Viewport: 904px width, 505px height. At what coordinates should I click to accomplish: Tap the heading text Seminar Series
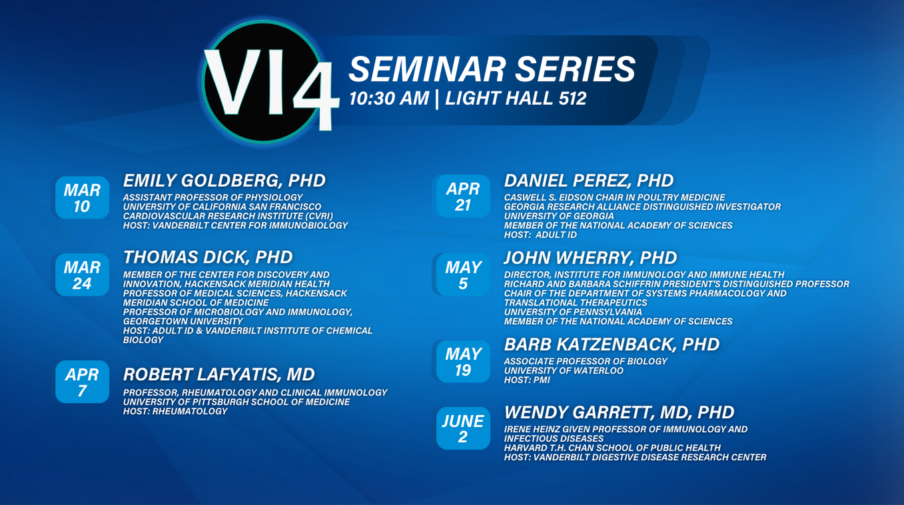click(x=492, y=69)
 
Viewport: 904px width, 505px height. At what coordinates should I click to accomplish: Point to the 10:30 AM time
click(x=389, y=99)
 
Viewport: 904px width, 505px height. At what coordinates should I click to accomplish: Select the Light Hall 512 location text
click(x=516, y=99)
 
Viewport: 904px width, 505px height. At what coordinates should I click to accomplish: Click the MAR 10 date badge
click(x=83, y=197)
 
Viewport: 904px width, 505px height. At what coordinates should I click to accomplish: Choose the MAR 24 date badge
click(x=83, y=275)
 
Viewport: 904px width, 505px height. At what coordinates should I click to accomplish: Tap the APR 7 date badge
click(x=83, y=382)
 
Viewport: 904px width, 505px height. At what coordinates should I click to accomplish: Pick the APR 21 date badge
click(x=463, y=196)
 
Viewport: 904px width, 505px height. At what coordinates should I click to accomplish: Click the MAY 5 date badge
click(x=463, y=275)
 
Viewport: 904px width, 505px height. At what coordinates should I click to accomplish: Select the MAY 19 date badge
click(x=463, y=362)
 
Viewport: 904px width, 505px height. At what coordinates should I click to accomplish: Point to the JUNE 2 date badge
click(x=463, y=428)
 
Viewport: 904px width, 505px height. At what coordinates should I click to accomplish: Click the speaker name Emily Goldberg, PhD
click(x=225, y=181)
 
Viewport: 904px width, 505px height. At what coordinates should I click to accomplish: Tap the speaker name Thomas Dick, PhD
click(x=208, y=258)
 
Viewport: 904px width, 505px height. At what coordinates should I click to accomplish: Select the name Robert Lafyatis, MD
click(x=219, y=375)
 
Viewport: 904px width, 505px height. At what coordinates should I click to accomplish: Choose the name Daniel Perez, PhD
click(x=589, y=181)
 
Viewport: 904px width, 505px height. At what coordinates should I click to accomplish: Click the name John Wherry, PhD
click(x=590, y=258)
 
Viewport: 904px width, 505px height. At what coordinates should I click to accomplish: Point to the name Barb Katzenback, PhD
click(x=612, y=345)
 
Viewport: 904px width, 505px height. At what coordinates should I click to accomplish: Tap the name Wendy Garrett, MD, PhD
click(x=619, y=413)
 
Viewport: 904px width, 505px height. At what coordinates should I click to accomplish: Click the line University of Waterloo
click(x=564, y=371)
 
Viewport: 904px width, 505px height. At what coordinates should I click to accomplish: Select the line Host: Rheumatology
click(x=176, y=412)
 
